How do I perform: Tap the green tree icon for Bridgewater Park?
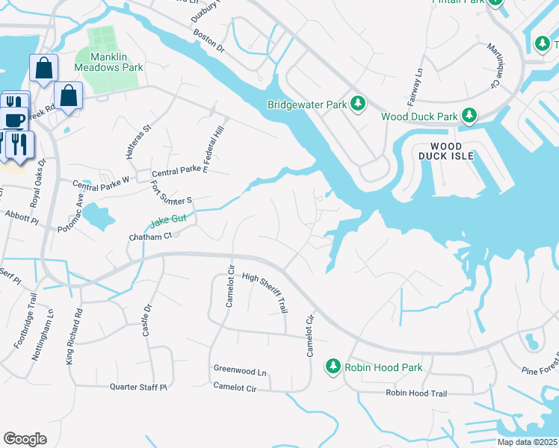358,103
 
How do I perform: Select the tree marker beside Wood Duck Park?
469,116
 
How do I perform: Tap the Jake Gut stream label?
168,222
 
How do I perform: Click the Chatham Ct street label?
151,236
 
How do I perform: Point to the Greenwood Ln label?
240,370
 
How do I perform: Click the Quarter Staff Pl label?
138,387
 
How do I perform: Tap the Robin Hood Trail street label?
416,393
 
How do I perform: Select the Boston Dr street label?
209,41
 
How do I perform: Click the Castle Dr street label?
147,319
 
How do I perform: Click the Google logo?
25,438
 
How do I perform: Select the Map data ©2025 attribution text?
527,442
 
